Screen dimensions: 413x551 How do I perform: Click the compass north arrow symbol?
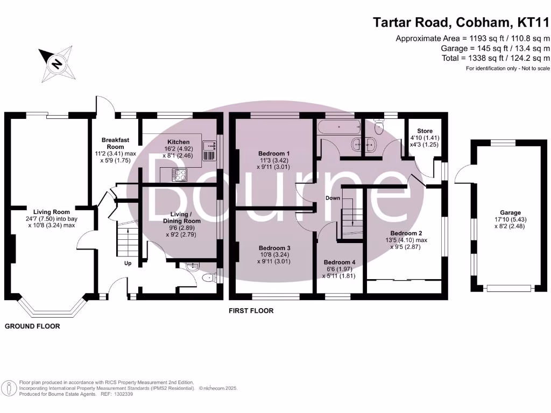[55, 61]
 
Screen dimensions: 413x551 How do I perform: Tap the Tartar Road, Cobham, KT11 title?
[462, 23]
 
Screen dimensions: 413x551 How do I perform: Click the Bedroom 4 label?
[339, 262]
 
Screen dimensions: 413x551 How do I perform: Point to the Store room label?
[425, 131]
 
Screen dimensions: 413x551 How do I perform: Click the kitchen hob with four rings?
[179, 174]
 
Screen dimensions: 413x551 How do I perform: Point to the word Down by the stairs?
[333, 198]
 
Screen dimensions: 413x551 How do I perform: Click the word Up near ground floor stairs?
[128, 263]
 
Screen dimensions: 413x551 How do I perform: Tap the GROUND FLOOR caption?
[32, 326]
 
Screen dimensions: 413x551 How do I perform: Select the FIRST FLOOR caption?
[251, 311]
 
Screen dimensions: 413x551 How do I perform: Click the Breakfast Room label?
[115, 143]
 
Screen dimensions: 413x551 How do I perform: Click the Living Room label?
[52, 212]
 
